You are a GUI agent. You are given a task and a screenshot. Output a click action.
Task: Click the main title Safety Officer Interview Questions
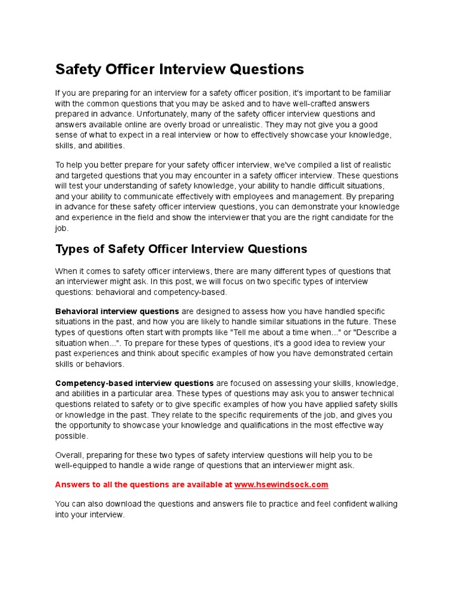[x=179, y=70]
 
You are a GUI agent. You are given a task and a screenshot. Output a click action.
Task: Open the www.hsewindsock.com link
[x=281, y=485]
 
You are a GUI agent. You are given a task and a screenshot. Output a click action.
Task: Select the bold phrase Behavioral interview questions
[x=117, y=311]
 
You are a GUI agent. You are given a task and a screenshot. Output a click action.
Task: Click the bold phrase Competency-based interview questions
[x=134, y=383]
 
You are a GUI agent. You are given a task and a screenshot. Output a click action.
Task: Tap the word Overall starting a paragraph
[x=70, y=455]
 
